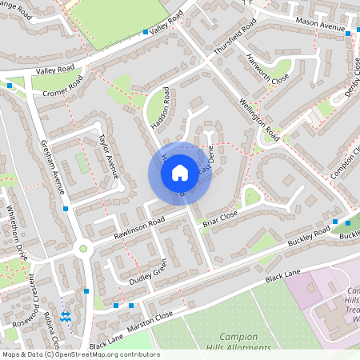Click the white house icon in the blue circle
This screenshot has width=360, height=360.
[180, 172]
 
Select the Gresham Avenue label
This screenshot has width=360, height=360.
[53, 167]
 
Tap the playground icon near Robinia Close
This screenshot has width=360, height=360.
[66, 317]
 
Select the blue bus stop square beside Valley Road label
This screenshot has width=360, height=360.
[145, 32]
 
